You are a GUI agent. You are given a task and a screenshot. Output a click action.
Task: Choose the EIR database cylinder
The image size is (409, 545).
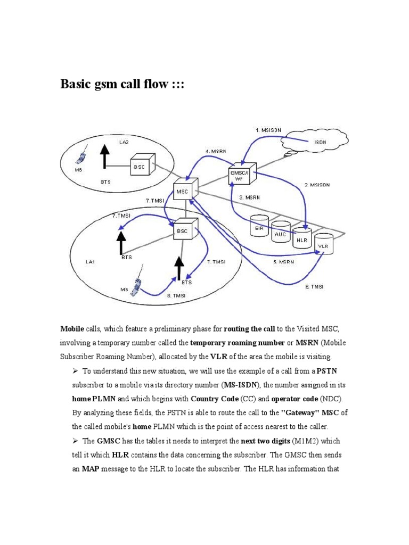(259, 225)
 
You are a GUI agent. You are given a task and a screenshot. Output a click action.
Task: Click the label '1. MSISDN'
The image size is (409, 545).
(268, 130)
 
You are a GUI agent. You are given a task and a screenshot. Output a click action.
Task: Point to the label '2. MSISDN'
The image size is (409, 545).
(317, 185)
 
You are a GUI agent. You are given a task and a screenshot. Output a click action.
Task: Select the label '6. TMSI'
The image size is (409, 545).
(314, 286)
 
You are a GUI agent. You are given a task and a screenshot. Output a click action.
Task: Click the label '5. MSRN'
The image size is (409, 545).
(283, 262)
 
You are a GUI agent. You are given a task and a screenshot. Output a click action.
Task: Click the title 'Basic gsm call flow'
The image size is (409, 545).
(122, 85)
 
